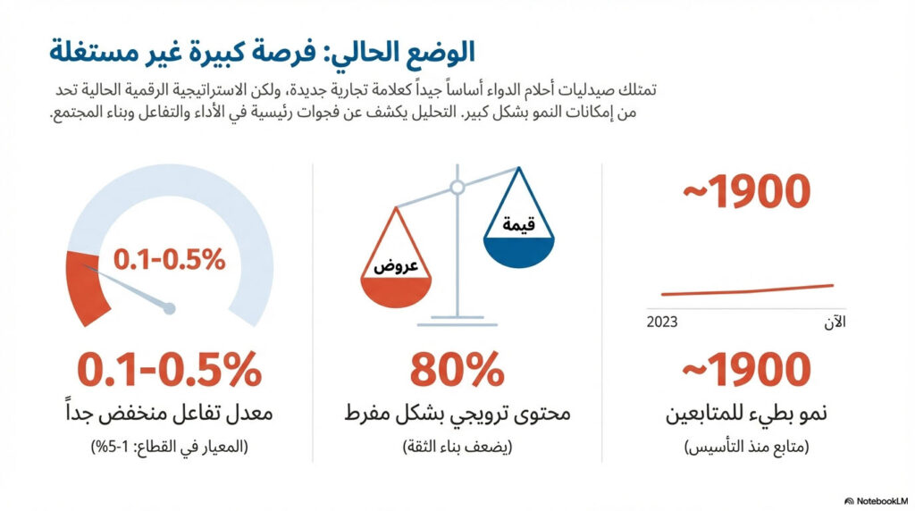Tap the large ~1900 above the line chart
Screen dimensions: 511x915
click(x=747, y=192)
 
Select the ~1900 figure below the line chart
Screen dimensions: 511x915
click(x=747, y=370)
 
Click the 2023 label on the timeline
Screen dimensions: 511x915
click(x=662, y=322)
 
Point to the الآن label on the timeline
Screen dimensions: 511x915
click(x=834, y=322)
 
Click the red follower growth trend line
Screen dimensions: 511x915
click(x=747, y=289)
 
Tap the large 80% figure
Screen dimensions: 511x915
click(x=457, y=370)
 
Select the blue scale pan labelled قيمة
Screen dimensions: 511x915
click(x=518, y=247)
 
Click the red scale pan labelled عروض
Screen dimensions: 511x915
click(x=396, y=289)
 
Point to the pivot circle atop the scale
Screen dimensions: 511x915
click(x=457, y=188)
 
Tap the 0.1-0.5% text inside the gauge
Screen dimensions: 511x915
click(x=169, y=259)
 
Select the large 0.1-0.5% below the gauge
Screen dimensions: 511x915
click(x=169, y=370)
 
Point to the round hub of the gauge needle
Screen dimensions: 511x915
click(x=170, y=308)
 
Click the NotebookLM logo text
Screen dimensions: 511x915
click(x=877, y=500)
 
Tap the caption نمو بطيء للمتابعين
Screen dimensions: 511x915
click(x=747, y=415)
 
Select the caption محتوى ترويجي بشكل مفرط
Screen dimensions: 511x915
click(x=457, y=415)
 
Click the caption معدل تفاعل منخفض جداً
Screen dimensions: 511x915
click(x=169, y=415)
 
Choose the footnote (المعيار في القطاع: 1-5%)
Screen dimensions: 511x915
click(x=169, y=447)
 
